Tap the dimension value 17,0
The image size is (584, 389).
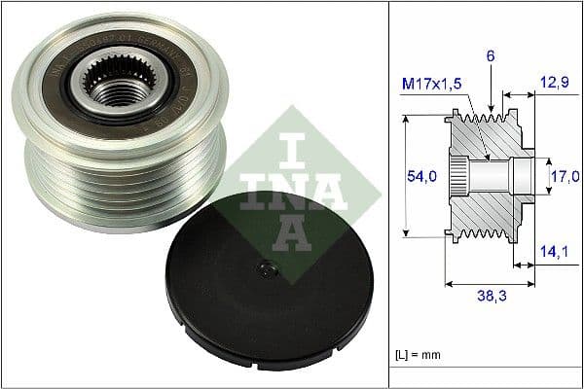tap(565, 176)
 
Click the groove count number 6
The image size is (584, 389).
tap(492, 58)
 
